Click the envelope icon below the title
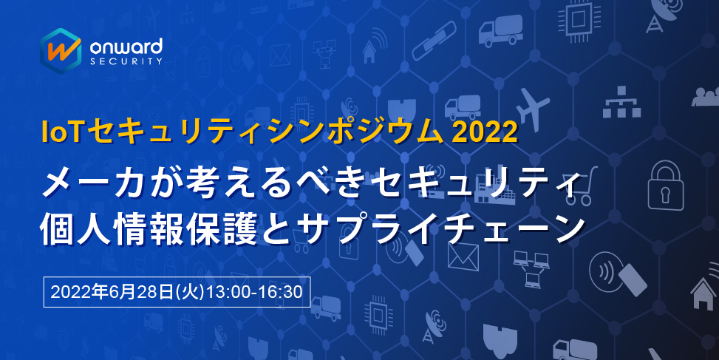(463, 256)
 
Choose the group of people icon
(706, 96)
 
